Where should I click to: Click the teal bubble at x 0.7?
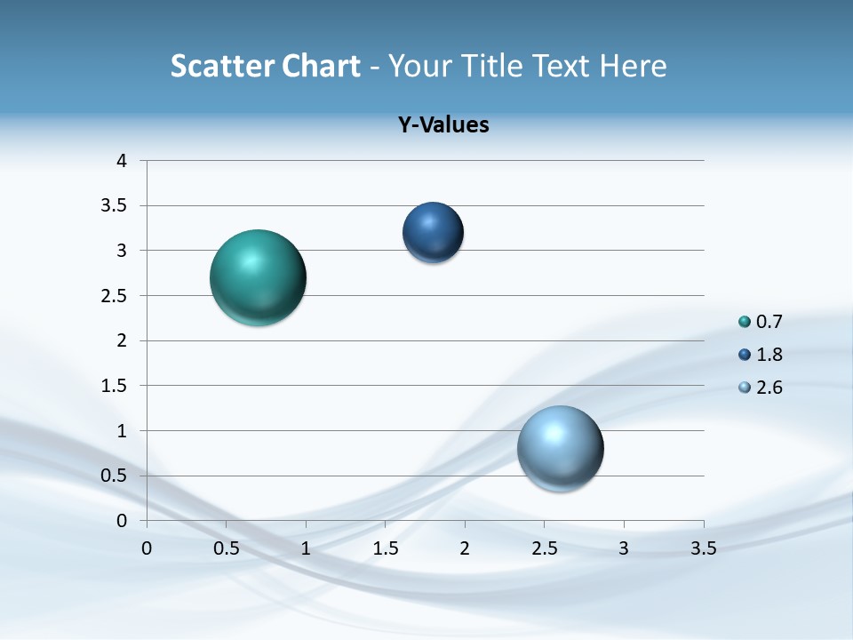click(258, 277)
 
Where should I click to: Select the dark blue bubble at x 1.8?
click(433, 233)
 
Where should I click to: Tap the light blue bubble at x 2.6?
click(560, 448)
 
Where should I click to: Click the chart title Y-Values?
click(443, 125)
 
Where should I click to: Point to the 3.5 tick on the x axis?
click(703, 548)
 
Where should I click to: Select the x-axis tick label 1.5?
click(385, 548)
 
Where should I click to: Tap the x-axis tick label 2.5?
click(544, 548)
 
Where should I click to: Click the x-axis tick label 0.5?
click(226, 548)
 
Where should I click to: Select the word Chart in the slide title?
click(321, 66)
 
